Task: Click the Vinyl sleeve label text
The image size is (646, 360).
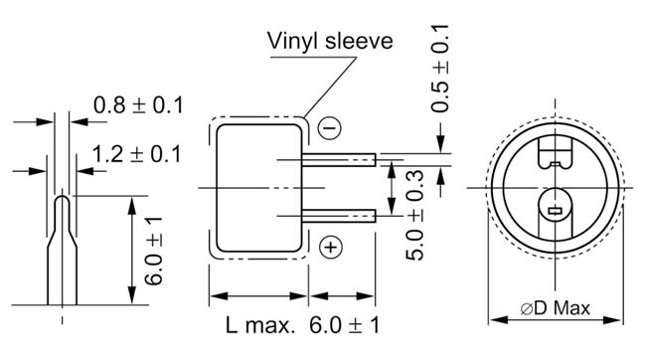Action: click(330, 42)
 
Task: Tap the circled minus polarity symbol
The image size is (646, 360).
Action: click(330, 128)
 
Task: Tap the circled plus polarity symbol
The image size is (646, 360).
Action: click(331, 248)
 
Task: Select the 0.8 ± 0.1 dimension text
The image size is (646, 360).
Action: click(138, 105)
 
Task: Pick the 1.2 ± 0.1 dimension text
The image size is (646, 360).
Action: click(136, 154)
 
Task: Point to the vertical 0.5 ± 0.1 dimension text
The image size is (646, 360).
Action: click(440, 69)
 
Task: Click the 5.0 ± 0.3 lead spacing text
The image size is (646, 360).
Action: click(414, 215)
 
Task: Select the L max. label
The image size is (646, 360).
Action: click(260, 325)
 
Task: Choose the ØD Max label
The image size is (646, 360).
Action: click(555, 308)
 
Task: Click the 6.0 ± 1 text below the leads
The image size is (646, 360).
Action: click(345, 325)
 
